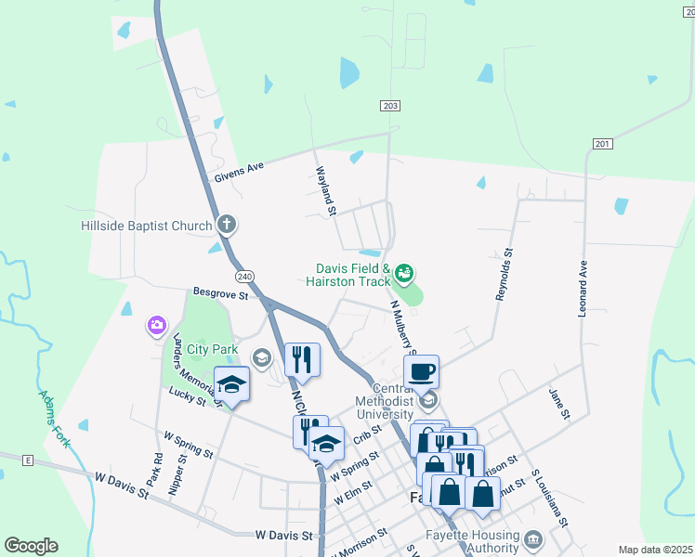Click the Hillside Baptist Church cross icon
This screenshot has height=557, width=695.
(x=227, y=225)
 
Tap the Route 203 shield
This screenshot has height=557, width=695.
(x=390, y=106)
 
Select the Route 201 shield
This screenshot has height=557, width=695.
(x=603, y=143)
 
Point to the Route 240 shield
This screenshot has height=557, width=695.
(x=244, y=277)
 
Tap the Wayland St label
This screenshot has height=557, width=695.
(x=324, y=191)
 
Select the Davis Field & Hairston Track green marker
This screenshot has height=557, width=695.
(x=404, y=273)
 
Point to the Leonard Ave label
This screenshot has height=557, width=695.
(x=583, y=288)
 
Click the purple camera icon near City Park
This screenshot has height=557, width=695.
(x=156, y=326)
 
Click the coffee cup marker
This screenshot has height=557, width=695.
(x=421, y=371)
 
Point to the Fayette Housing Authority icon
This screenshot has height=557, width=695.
(x=533, y=539)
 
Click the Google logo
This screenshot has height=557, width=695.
(x=31, y=546)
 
